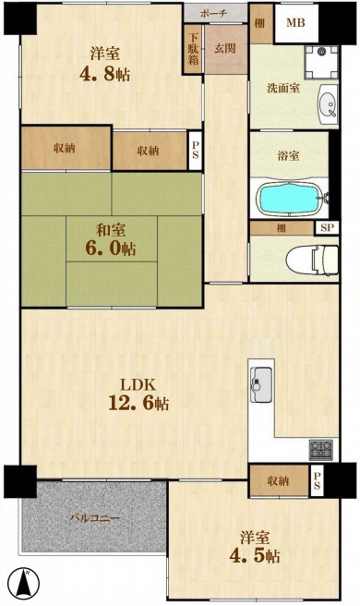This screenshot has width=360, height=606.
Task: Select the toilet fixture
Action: pyautogui.click(x=312, y=260)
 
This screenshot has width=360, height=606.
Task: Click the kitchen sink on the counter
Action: pyautogui.click(x=261, y=384)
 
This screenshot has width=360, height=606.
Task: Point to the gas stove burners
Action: pyautogui.click(x=320, y=450)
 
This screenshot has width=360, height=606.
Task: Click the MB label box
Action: pyautogui.click(x=296, y=23)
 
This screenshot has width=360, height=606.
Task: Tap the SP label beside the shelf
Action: pyautogui.click(x=327, y=227)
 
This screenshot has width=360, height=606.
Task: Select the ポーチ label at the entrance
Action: pyautogui.click(x=213, y=14)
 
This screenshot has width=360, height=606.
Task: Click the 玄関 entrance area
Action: pyautogui.click(x=225, y=49)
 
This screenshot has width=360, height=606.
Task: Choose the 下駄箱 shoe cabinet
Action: pyautogui.click(x=193, y=49)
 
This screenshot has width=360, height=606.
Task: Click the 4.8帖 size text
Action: pyautogui.click(x=104, y=73)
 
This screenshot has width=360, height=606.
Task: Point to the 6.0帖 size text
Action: pyautogui.click(x=111, y=248)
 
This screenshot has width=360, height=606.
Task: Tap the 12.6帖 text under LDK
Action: pyautogui.click(x=138, y=403)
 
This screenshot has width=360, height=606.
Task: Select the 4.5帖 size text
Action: pyautogui.click(x=255, y=556)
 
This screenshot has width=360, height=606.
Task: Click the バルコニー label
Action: pyautogui.click(x=94, y=518)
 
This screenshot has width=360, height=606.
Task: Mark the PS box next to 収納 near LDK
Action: pyautogui.click(x=317, y=480)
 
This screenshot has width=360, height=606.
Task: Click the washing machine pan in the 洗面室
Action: pyautogui.click(x=321, y=62)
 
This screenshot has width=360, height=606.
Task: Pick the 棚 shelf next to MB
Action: pyautogui.click(x=260, y=23)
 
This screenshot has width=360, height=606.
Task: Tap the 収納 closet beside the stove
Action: pyautogui.click(x=279, y=480)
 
